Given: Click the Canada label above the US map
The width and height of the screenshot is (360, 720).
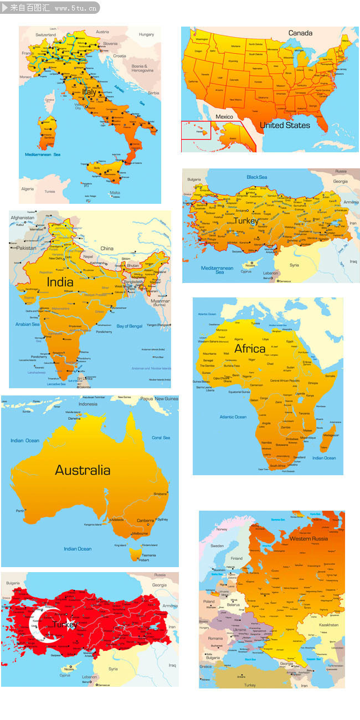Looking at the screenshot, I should (x=300, y=33).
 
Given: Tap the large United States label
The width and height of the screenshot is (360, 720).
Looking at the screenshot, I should (x=285, y=125).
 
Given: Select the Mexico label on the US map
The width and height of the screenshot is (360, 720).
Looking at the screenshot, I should (x=224, y=117).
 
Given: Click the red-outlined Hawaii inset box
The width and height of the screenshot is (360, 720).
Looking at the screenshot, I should (x=196, y=130).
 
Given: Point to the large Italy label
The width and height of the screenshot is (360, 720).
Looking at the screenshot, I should (x=89, y=92).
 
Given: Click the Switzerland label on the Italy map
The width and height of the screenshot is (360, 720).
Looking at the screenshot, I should (x=46, y=34).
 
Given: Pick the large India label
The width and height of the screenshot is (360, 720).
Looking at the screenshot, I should (x=60, y=282).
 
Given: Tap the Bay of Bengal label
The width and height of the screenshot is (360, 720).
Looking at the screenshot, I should (x=129, y=326).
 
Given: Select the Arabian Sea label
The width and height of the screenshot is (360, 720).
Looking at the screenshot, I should (x=27, y=324).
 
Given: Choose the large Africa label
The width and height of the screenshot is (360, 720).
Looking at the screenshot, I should (x=250, y=349).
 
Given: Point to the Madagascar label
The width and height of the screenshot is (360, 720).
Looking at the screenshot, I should (x=331, y=435).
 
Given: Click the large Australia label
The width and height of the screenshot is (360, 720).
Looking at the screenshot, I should (x=83, y=470).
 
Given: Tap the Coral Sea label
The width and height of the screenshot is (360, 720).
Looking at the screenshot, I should (x=161, y=438).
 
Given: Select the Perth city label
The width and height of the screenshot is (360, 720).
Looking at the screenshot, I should (x=20, y=511).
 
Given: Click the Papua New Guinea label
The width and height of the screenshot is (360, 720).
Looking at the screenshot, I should (x=159, y=399).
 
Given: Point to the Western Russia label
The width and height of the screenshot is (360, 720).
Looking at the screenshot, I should (x=308, y=538).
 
